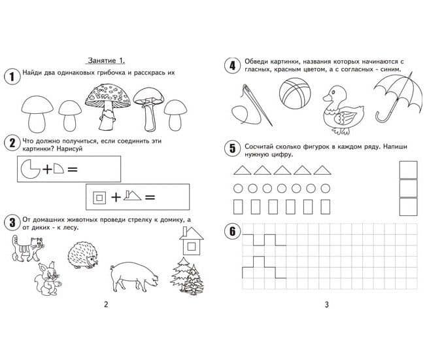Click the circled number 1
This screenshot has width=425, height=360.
click(12, 76)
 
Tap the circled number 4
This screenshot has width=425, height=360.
click(233, 65)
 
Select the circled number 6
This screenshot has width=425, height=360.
click(233, 232)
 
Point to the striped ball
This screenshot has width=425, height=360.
click(295, 93)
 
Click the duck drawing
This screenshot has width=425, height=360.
click(343, 110)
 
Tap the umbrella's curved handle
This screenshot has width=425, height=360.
click(382, 116)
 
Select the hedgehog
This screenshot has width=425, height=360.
click(83, 255)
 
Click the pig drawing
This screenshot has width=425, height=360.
click(134, 276)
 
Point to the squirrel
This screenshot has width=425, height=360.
click(48, 279)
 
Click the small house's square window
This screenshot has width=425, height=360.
click(192, 247)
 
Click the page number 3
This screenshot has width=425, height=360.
click(327, 304)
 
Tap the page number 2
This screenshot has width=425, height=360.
click(106, 304)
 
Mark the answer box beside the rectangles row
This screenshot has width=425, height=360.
click(408, 207)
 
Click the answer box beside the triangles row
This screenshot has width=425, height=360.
click(408, 170)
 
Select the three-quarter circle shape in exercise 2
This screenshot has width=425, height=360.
click(30, 169)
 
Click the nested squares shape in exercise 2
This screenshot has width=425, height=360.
click(99, 198)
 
